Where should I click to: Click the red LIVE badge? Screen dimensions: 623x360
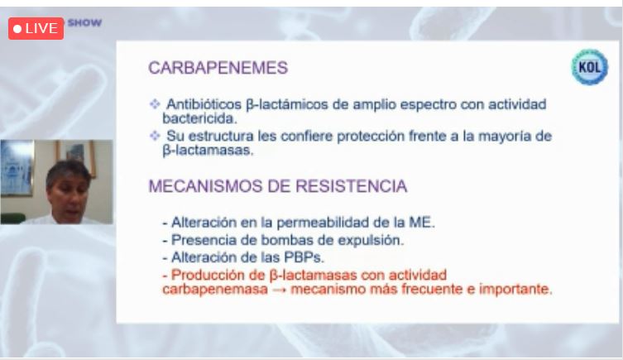click(x=36, y=28)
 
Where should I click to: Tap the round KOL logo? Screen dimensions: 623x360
click(x=590, y=67)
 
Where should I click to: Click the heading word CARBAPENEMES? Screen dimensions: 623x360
click(x=218, y=68)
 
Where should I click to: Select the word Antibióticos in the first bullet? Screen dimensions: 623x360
click(x=204, y=104)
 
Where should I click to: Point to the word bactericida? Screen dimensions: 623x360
click(x=199, y=118)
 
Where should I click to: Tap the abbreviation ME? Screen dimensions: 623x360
click(x=422, y=222)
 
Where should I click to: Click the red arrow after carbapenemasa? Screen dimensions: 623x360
click(x=280, y=290)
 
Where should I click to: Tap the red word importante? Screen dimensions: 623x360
click(x=515, y=290)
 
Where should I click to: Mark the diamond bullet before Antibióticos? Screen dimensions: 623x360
click(x=155, y=104)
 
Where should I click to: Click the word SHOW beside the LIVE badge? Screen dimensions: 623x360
click(x=84, y=22)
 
